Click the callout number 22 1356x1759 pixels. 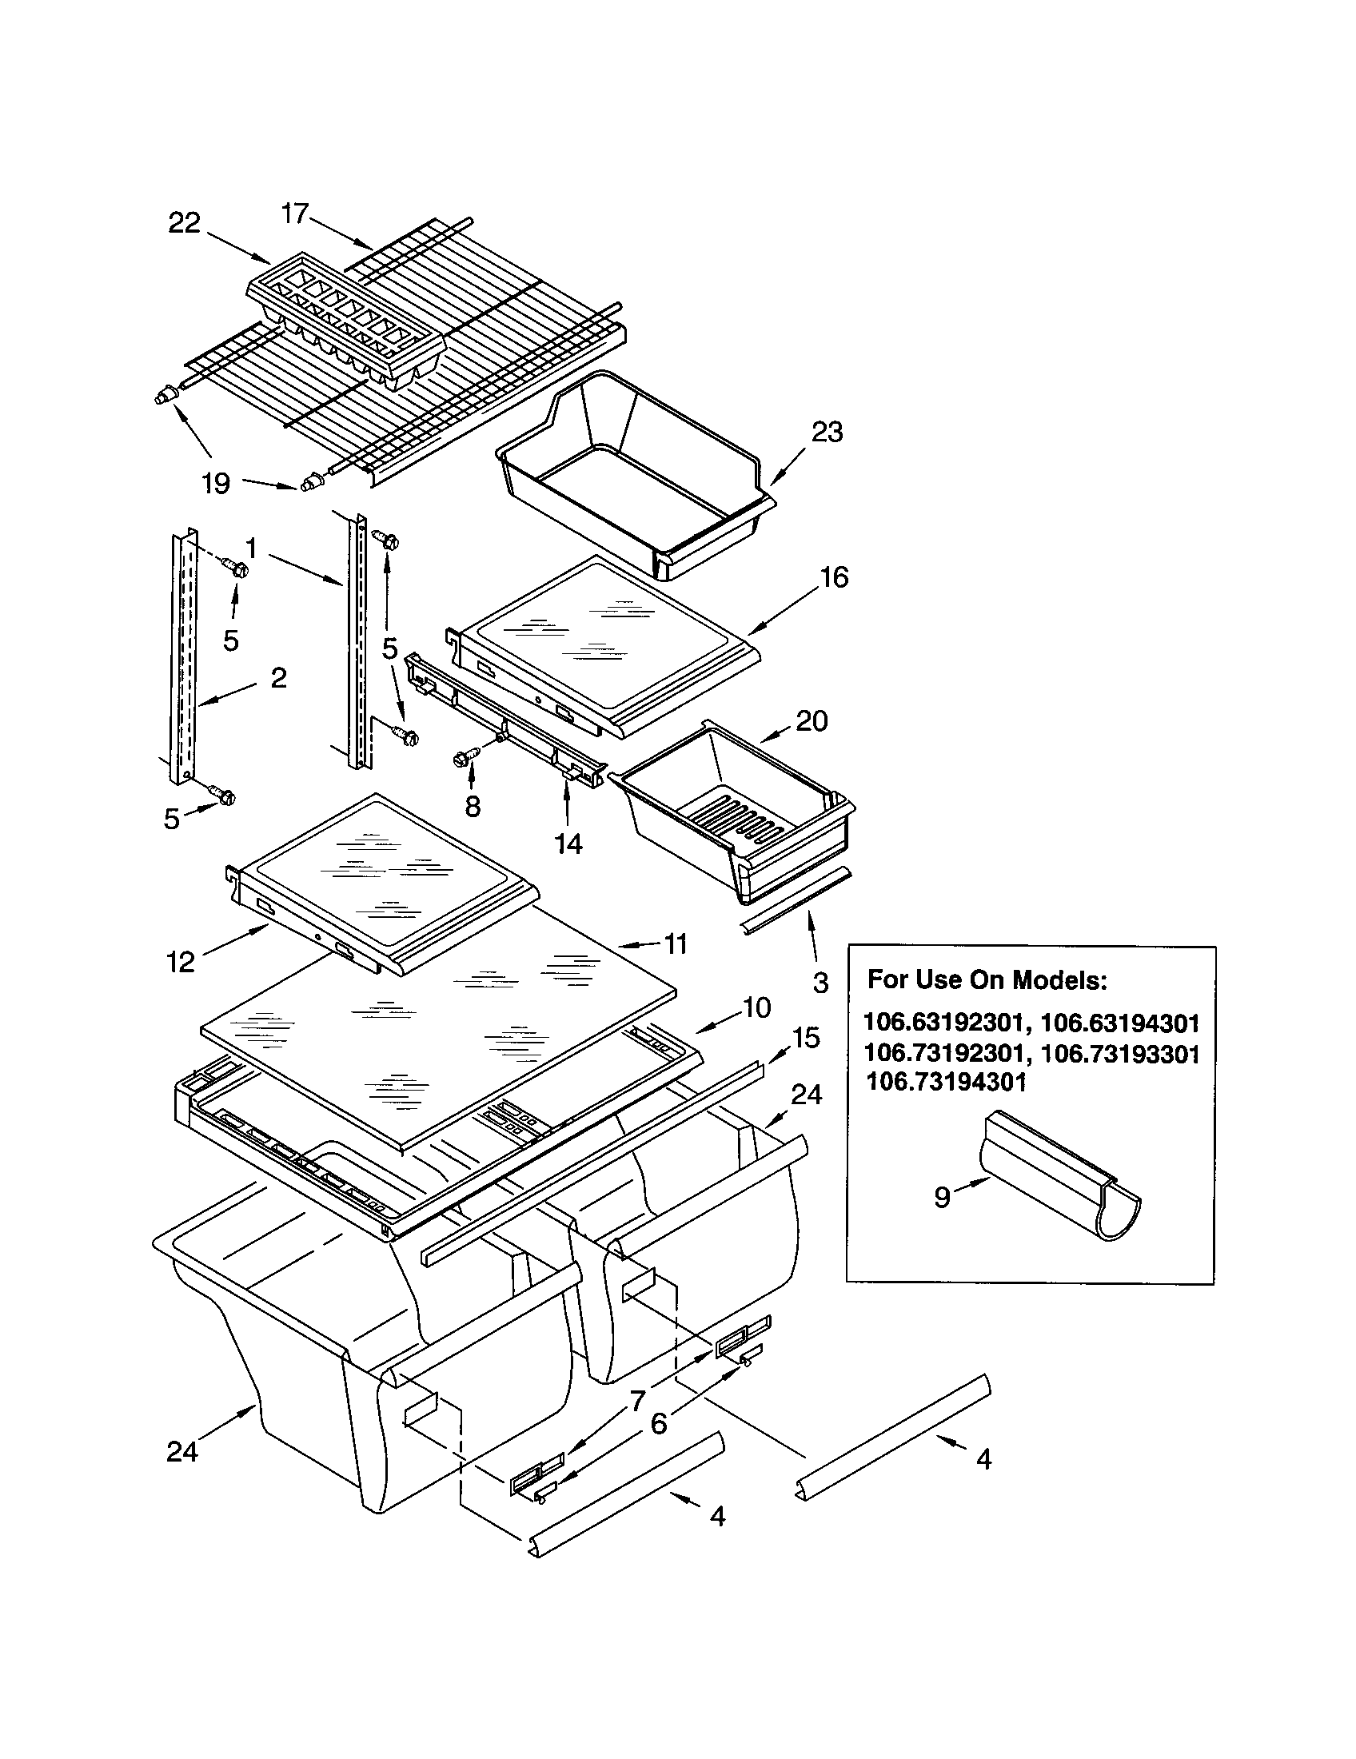tap(184, 223)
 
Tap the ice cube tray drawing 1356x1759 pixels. tap(346, 322)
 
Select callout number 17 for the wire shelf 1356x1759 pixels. tap(295, 213)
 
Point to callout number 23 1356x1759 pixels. tap(826, 433)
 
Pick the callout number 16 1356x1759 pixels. tap(834, 577)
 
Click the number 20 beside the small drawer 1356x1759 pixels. tap(812, 721)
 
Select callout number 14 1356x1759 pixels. tap(568, 844)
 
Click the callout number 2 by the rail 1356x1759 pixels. tap(278, 678)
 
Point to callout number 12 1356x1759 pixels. tap(181, 962)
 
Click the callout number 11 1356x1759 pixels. tap(675, 943)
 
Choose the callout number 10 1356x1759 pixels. tap(756, 1007)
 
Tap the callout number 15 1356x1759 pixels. tap(805, 1037)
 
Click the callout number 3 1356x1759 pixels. tap(820, 983)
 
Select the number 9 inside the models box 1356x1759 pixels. tap(942, 1198)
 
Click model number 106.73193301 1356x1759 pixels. tap(1120, 1054)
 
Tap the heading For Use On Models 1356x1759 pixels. tap(987, 980)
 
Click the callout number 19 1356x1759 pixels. tap(216, 484)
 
